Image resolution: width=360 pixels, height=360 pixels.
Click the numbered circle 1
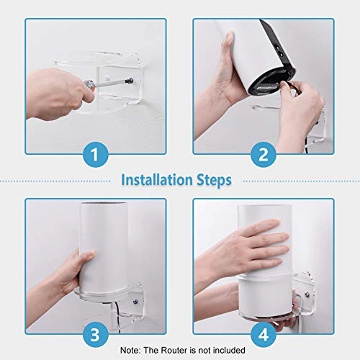[96, 153]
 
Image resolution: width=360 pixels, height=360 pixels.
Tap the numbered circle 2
[264, 153]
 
